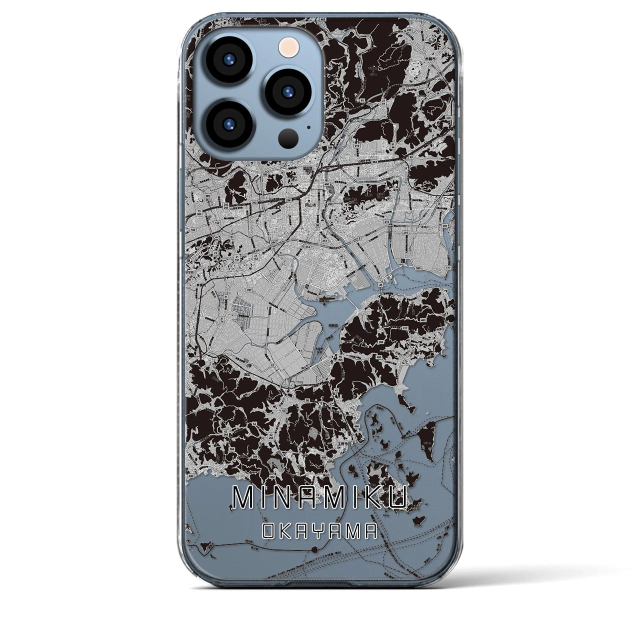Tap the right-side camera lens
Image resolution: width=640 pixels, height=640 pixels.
288,92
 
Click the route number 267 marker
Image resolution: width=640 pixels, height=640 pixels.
248,290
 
